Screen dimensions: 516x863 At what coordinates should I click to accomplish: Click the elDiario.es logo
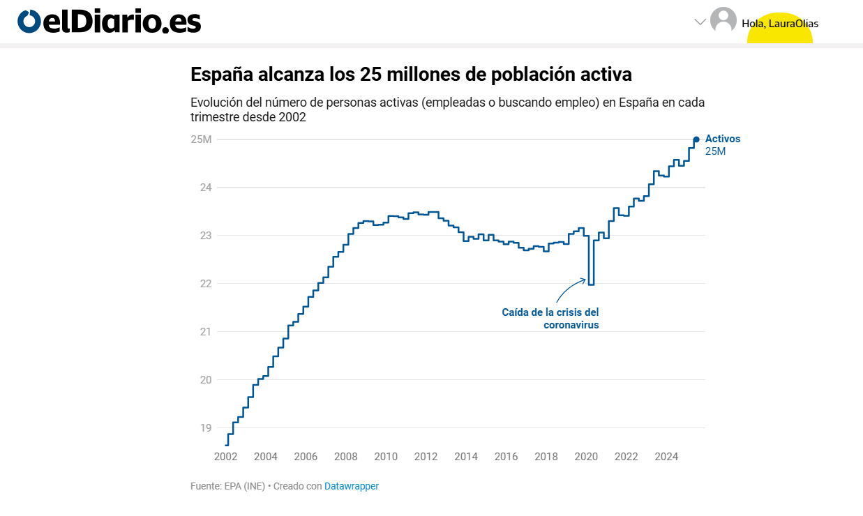point(110,22)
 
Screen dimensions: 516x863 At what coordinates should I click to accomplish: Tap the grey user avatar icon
point(723,20)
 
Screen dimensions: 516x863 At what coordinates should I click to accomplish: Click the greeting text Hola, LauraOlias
point(780,24)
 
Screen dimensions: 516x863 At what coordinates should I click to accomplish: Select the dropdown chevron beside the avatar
point(700,22)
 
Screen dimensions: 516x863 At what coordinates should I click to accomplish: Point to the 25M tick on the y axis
point(201,139)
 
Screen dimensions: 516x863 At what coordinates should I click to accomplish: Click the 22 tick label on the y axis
point(206,284)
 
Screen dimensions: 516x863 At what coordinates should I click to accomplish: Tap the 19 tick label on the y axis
point(206,428)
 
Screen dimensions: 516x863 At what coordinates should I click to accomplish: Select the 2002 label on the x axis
point(225,457)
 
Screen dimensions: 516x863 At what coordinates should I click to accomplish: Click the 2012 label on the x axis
point(426,457)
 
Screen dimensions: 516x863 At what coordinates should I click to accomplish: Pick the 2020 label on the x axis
point(586,457)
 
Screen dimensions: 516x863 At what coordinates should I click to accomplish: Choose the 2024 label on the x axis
point(666,457)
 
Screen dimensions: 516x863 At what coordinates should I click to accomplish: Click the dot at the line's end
point(696,139)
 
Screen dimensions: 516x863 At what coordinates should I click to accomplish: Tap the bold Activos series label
point(723,139)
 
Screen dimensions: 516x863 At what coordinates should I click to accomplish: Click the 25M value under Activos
point(715,151)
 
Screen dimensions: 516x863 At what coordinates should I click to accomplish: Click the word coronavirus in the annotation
point(571,325)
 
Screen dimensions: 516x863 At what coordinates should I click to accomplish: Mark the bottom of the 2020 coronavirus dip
point(591,284)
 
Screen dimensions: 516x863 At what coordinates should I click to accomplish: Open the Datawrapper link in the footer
point(352,486)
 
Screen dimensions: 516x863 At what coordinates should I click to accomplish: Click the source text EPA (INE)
point(245,486)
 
